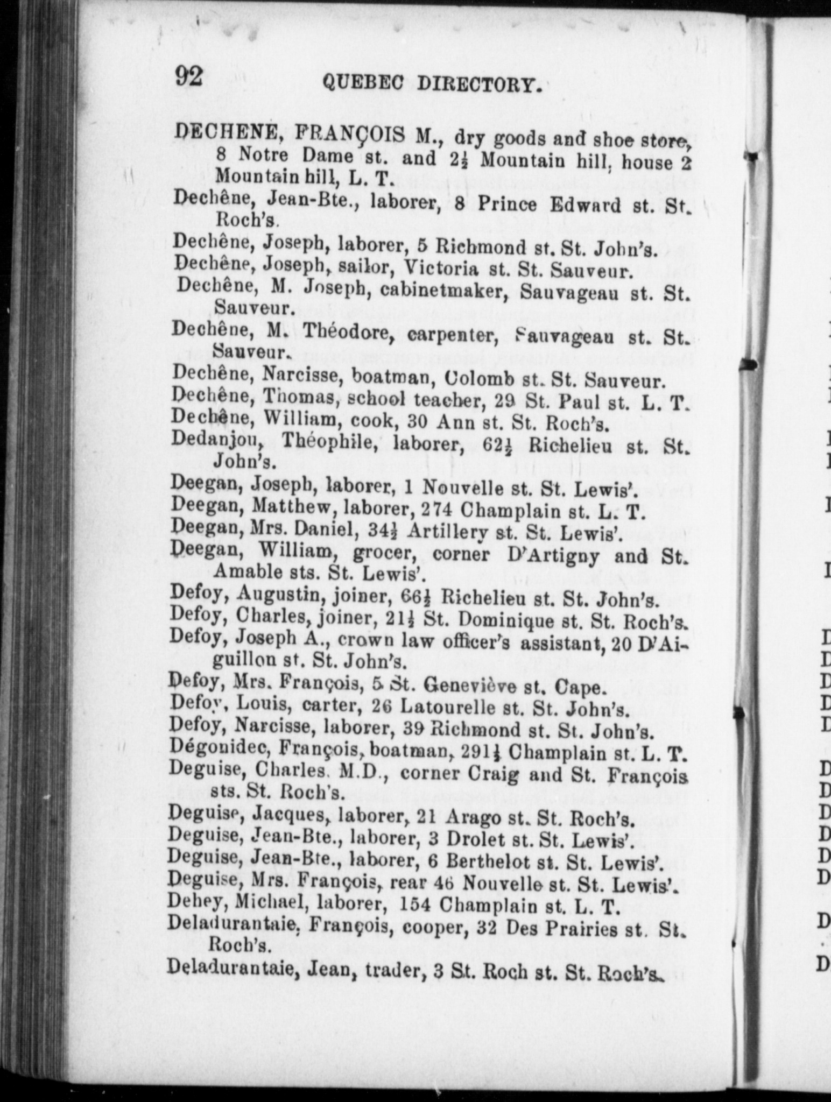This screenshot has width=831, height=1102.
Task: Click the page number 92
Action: click(x=188, y=76)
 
